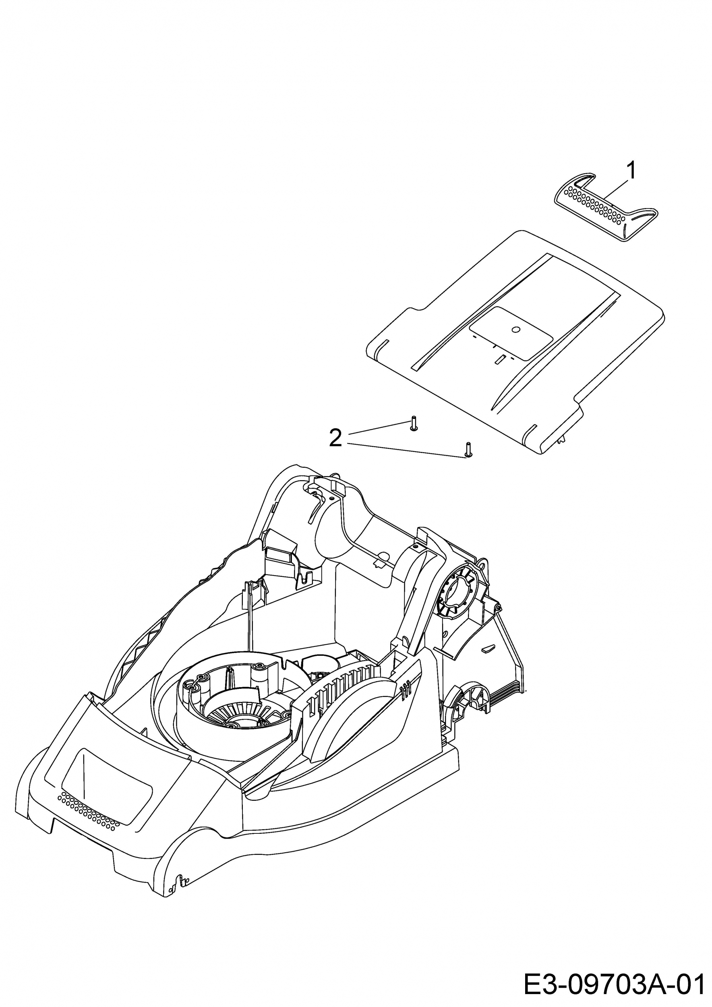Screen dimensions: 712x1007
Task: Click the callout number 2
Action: point(335,438)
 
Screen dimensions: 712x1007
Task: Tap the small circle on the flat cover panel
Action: point(515,329)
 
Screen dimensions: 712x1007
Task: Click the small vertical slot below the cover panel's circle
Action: point(499,360)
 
